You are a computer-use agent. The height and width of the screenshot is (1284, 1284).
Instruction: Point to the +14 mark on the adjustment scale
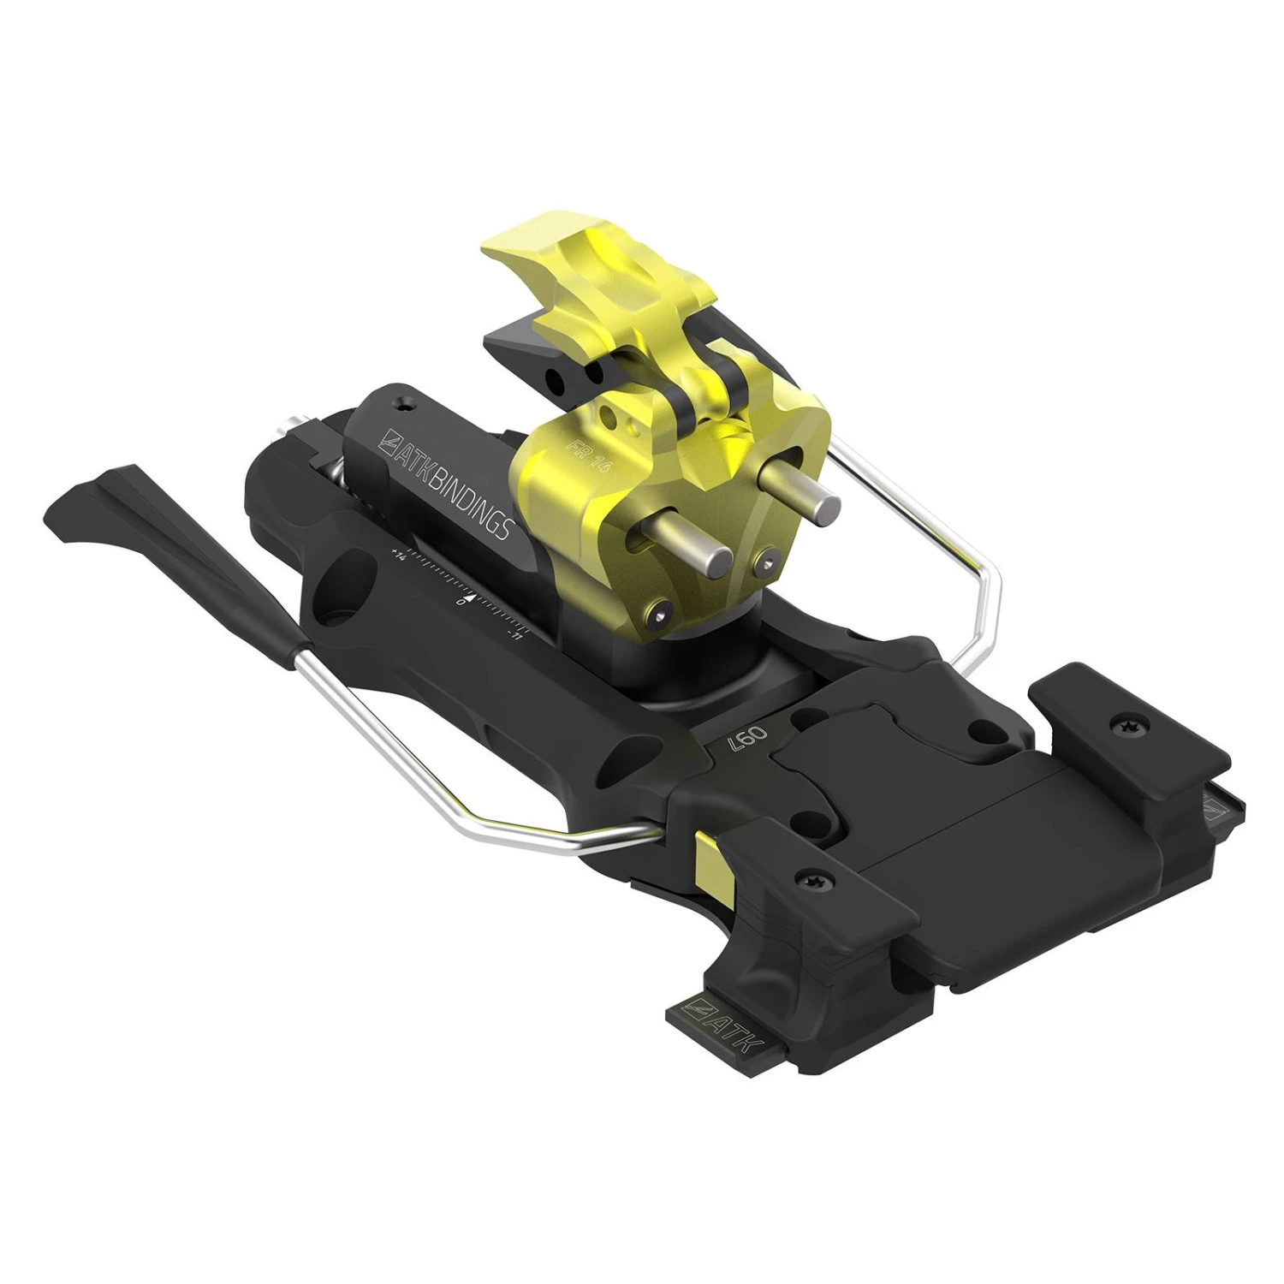click(x=398, y=555)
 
